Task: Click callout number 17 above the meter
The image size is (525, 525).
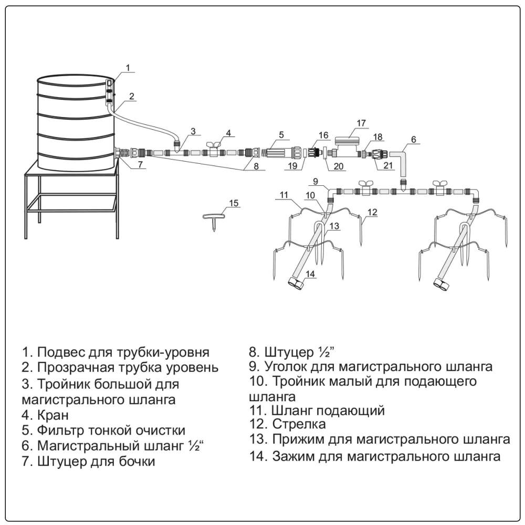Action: (361, 123)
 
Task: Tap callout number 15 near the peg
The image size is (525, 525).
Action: (234, 203)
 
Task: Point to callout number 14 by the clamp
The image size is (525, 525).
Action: (310, 274)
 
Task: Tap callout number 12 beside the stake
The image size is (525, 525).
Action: (373, 212)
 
